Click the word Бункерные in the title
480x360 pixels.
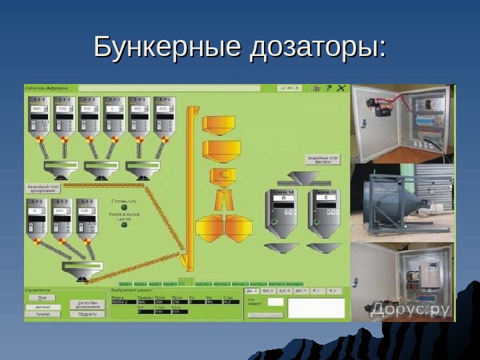167,48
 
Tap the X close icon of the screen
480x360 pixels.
341,88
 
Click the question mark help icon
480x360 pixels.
329,88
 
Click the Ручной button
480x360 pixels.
42,313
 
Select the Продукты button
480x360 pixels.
87,313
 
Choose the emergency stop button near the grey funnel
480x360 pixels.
323,159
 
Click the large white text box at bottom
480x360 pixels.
316,307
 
